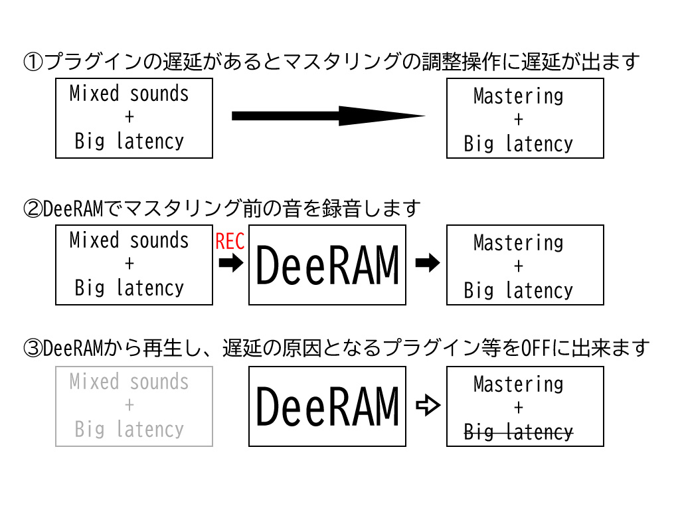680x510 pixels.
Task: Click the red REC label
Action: [x=230, y=241]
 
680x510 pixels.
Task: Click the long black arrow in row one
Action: [x=328, y=116]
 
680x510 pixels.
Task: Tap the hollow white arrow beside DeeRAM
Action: [x=428, y=406]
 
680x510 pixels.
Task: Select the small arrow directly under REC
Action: [x=230, y=263]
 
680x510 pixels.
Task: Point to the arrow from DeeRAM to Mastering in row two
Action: [x=428, y=263]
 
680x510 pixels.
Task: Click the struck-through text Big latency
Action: [x=518, y=432]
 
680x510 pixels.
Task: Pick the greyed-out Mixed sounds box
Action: [x=134, y=406]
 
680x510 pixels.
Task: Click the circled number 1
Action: [x=33, y=62]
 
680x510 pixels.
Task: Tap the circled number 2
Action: [x=33, y=209]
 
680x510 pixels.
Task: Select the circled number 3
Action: [x=33, y=348]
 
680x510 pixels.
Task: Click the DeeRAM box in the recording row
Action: [x=327, y=265]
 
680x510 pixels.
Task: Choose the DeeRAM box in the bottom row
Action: [x=327, y=406]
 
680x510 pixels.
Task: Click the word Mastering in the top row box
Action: [x=518, y=96]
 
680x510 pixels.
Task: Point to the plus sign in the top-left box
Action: [x=129, y=117]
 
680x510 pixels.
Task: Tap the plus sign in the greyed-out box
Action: [x=129, y=405]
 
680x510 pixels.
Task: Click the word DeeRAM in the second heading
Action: [x=74, y=209]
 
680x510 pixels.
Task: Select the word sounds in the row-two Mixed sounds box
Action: [x=159, y=240]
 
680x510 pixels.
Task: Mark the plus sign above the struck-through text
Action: [x=518, y=408]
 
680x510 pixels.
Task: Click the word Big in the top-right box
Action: [x=479, y=143]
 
